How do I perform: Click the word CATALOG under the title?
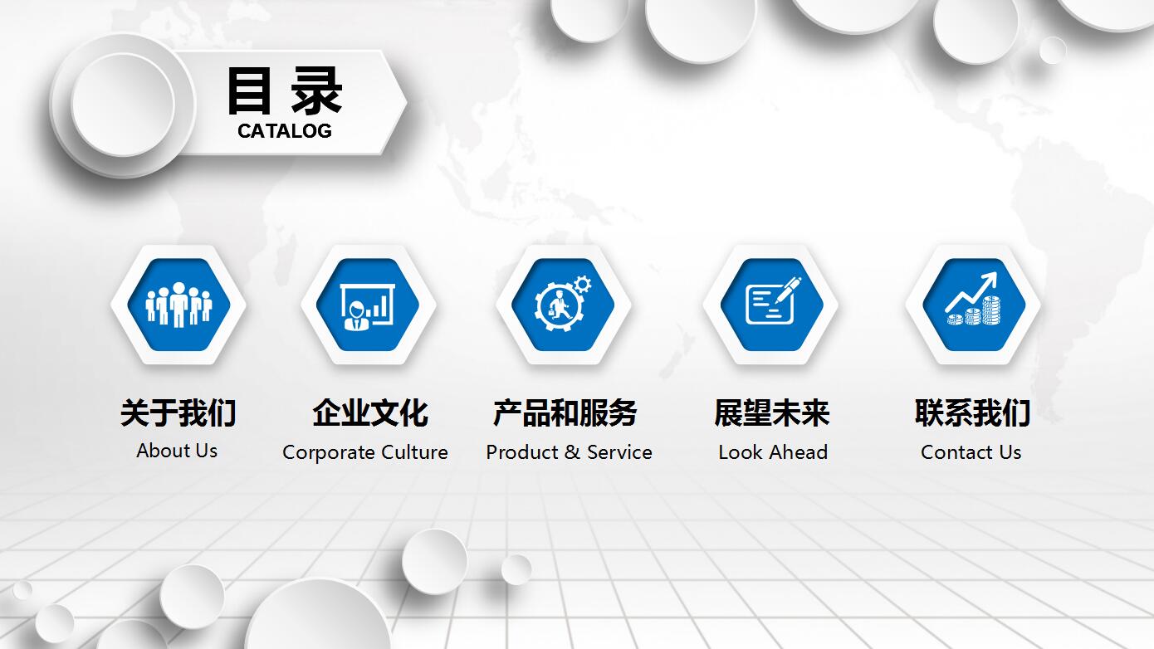tap(285, 131)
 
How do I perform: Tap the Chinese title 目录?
tap(285, 91)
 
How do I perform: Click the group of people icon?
tap(178, 305)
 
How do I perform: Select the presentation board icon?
tap(367, 306)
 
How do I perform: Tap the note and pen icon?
tap(773, 300)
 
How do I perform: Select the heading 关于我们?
tap(178, 412)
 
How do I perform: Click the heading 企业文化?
tap(370, 412)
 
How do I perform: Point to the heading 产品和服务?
tap(565, 412)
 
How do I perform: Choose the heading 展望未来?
tap(772, 412)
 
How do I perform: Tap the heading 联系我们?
tap(973, 412)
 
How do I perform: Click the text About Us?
tap(177, 451)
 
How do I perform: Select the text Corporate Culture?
tap(365, 452)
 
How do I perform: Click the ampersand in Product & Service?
tap(572, 452)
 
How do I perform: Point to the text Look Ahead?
tap(773, 452)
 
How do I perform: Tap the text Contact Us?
tap(971, 452)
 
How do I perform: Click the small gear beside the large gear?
tap(583, 285)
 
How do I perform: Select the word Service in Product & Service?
tap(620, 452)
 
